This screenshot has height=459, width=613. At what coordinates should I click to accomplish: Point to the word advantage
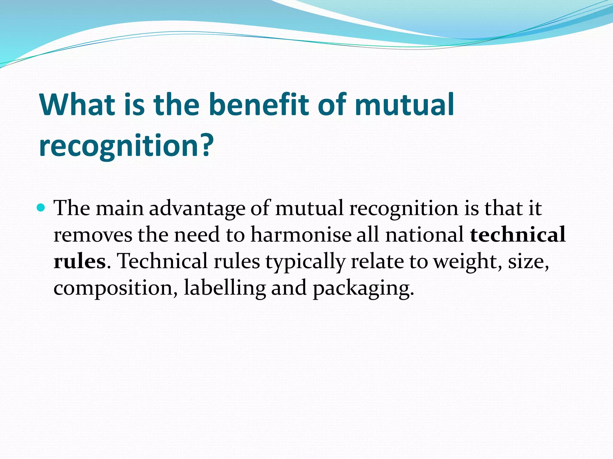(197, 208)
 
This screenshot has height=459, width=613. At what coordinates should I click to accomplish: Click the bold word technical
(518, 235)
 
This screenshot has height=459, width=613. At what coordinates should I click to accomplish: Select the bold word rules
(79, 261)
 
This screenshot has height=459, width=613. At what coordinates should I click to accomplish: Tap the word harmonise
(301, 235)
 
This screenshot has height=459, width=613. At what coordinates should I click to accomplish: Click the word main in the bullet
(119, 208)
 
